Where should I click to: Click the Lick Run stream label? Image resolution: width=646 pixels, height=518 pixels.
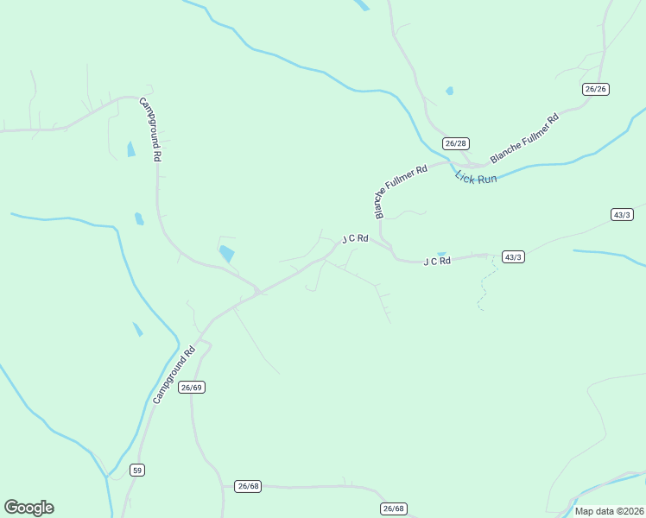(476, 178)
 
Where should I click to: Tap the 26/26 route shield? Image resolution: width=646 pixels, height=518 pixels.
(596, 89)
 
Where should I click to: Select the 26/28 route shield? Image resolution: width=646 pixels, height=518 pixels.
(455, 142)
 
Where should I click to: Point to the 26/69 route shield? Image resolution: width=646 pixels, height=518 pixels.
(192, 388)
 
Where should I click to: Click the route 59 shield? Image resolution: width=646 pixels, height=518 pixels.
(137, 470)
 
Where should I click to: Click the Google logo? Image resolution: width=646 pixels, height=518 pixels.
(28, 508)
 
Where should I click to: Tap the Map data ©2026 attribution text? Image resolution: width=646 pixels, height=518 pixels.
(610, 511)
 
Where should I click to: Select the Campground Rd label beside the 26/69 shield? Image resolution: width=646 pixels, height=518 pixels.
(175, 376)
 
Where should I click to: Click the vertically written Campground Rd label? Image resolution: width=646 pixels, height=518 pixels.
(152, 129)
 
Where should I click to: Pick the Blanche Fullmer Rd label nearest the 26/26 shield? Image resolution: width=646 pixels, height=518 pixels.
(525, 138)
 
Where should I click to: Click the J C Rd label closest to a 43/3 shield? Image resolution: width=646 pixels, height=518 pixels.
(437, 261)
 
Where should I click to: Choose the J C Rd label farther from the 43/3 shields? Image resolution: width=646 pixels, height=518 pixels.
(355, 238)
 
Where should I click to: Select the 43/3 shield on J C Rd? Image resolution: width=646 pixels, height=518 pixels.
(513, 257)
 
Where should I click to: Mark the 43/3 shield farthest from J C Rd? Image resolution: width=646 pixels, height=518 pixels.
(622, 214)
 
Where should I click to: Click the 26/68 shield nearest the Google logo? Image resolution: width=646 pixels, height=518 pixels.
(248, 486)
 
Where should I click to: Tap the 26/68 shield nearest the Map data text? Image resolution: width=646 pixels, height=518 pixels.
(393, 509)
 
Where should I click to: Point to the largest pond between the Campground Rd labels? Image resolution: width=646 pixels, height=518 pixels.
(226, 254)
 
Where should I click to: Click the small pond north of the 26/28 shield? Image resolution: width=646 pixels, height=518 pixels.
(449, 91)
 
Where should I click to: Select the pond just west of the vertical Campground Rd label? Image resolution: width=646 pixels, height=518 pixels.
(131, 149)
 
